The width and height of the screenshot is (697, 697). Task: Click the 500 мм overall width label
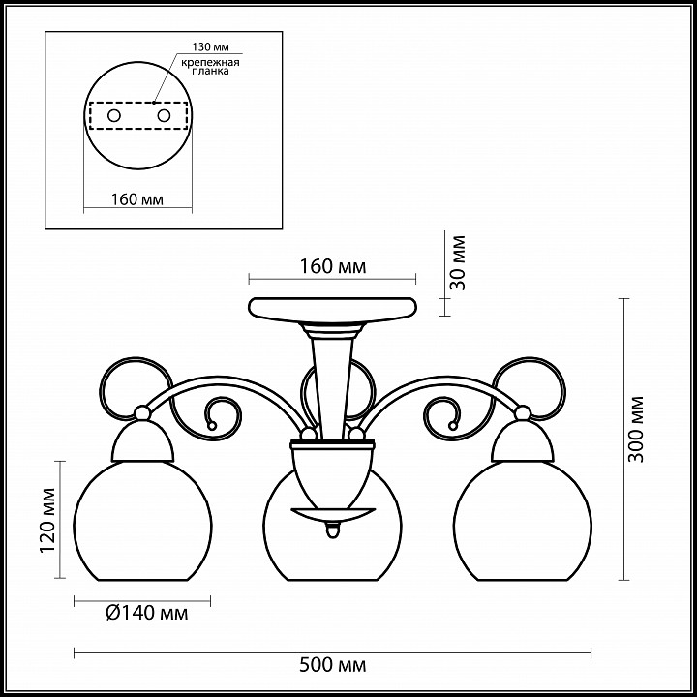pyautogui.click(x=332, y=665)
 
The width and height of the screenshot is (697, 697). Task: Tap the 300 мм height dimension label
pyautogui.click(x=636, y=429)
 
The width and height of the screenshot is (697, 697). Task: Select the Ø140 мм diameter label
pyautogui.click(x=147, y=613)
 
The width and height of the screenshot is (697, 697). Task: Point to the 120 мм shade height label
pyautogui.click(x=48, y=520)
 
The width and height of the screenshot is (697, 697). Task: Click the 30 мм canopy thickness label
pyautogui.click(x=457, y=262)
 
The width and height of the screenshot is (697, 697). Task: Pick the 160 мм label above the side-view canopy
pyautogui.click(x=333, y=266)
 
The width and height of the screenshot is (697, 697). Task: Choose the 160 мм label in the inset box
pyautogui.click(x=136, y=199)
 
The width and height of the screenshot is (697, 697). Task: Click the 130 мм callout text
pyautogui.click(x=211, y=46)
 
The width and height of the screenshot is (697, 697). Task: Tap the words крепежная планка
pyautogui.click(x=210, y=66)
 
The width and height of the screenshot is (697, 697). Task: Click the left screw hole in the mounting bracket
pyautogui.click(x=114, y=116)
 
